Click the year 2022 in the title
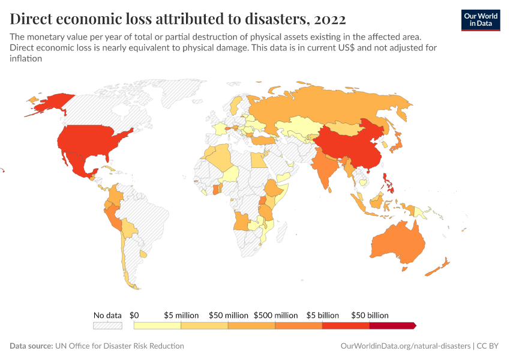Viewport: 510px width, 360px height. tap(329, 18)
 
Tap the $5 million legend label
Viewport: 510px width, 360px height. tap(182, 315)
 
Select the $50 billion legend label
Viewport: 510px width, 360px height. tap(370, 315)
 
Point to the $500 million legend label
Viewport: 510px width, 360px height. tap(275, 315)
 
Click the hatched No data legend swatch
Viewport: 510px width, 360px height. tap(107, 325)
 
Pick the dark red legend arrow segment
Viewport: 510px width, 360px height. tap(392, 325)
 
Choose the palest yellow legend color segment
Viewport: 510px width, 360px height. tap(157, 325)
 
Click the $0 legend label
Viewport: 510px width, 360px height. tap(134, 315)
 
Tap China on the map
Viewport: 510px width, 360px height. tap(348, 147)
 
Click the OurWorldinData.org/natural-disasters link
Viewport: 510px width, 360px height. tap(404, 346)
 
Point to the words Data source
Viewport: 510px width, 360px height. tap(31, 346)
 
